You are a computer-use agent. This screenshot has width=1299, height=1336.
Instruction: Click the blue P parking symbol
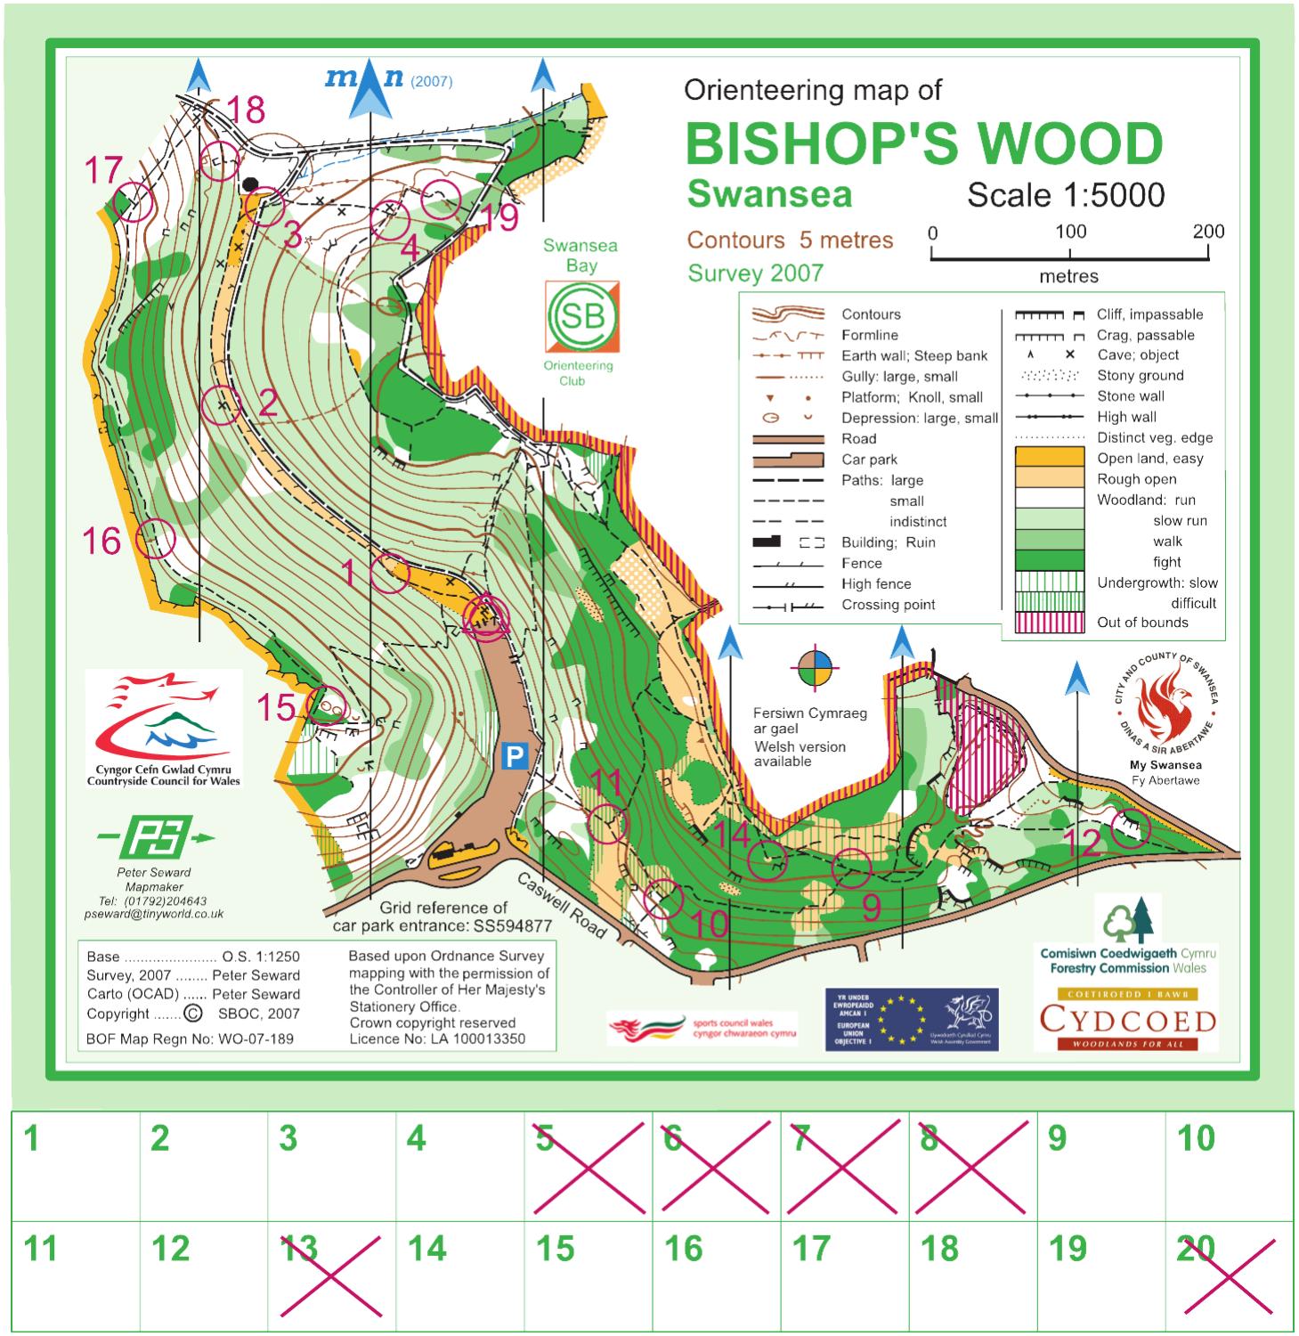tap(516, 756)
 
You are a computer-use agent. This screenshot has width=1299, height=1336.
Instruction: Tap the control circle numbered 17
tap(134, 201)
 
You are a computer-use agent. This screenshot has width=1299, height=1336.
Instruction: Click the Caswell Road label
tap(562, 904)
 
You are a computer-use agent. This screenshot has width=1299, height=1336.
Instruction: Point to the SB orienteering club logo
tap(582, 316)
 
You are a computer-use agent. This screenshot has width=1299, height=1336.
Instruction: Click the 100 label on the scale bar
tap(1070, 232)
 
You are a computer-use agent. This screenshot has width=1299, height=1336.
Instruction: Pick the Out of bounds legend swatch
tap(1050, 623)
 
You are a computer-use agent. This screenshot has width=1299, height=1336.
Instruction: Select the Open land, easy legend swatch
tap(1050, 458)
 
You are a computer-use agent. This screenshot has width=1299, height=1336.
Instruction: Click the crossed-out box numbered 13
tap(331, 1276)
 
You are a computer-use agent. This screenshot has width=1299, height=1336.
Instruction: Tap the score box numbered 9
tap(1100, 1166)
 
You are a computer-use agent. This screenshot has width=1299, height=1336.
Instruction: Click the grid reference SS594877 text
tap(512, 925)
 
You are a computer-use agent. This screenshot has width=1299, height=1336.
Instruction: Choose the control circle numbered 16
tap(156, 539)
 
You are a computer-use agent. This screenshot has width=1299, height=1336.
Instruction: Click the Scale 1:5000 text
tap(1066, 195)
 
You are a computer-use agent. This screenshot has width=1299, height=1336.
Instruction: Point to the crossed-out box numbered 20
tap(1229, 1276)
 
